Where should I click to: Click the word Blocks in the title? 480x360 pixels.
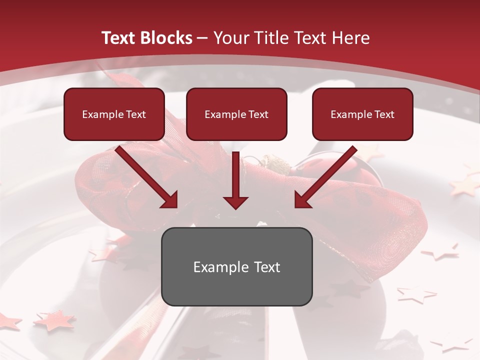[167, 38]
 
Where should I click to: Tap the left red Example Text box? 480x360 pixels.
[114, 114]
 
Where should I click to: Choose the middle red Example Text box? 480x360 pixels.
[236, 114]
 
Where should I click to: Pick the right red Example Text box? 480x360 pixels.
[362, 114]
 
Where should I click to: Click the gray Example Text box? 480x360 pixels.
[236, 266]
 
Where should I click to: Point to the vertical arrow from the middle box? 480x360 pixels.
[235, 175]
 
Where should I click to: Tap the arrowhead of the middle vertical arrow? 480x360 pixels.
[235, 202]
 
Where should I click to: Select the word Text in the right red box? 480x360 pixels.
[384, 114]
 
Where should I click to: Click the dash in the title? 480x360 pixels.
[202, 38]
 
